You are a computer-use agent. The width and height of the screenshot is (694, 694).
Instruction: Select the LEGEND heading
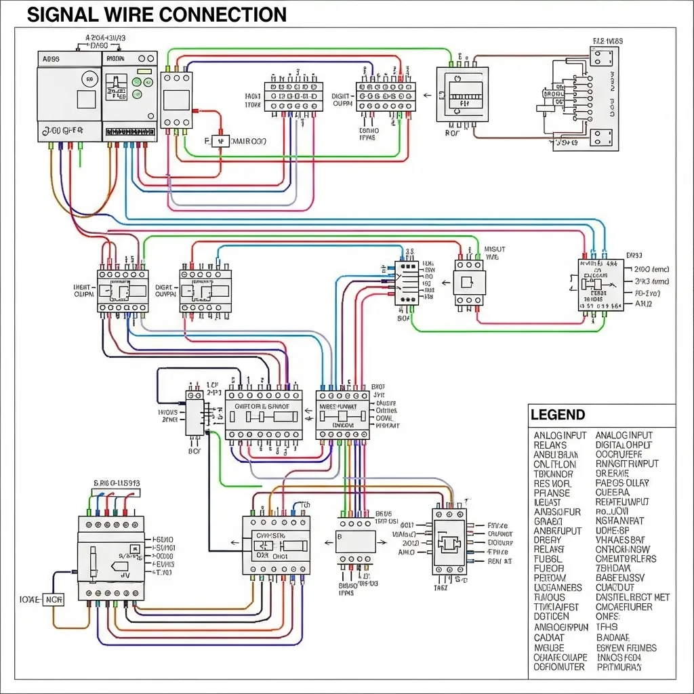tap(557, 415)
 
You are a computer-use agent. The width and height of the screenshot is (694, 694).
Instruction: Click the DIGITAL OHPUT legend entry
tap(624, 445)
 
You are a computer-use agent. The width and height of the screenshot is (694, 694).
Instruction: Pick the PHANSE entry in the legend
tap(552, 493)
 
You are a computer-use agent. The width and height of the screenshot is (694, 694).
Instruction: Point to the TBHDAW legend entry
tap(613, 569)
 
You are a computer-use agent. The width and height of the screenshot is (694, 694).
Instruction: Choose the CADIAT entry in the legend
tap(549, 638)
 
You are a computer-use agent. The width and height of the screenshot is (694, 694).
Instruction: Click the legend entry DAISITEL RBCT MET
tap(632, 597)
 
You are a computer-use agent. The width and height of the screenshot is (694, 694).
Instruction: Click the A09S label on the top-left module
tap(51, 59)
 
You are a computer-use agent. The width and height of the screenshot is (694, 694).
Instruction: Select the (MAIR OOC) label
tap(249, 141)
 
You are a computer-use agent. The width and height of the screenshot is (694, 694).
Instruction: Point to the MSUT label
tap(495, 249)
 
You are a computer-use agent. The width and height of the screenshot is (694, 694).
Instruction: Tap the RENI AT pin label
tap(499, 561)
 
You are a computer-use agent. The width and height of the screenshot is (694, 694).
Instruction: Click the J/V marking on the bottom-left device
tap(125, 574)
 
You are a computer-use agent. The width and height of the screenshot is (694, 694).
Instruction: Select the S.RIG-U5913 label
tap(116, 483)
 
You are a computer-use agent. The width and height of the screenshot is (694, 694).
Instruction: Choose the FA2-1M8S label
tap(608, 41)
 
